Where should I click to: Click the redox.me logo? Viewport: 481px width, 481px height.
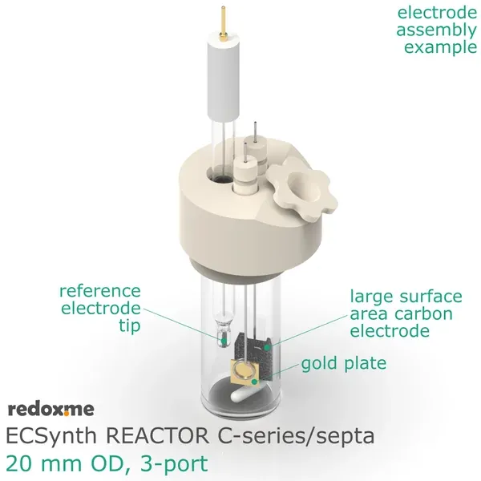pos(51,410)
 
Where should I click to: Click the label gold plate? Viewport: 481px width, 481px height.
pos(344,363)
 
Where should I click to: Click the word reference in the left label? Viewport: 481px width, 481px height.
pos(99,290)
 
